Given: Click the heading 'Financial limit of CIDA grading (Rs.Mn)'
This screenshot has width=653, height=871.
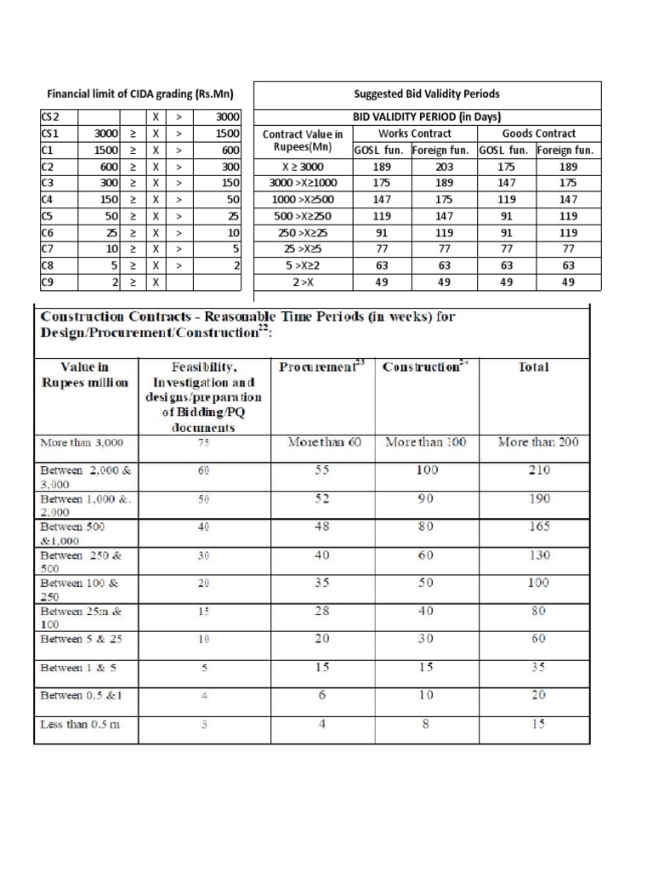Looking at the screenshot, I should (x=140, y=94).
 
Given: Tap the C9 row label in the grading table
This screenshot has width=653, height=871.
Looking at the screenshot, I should (x=48, y=282).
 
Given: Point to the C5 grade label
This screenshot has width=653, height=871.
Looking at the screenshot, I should (x=48, y=216).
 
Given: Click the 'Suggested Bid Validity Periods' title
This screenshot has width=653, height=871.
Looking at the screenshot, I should (x=427, y=94).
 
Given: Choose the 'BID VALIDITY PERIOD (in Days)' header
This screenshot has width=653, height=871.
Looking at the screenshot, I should (x=427, y=117).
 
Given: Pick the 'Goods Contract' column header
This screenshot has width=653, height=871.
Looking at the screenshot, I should (x=539, y=134).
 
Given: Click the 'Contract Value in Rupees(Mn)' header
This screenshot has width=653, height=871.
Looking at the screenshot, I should (x=303, y=141).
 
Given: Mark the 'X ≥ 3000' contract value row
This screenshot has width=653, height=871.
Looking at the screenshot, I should (x=303, y=168).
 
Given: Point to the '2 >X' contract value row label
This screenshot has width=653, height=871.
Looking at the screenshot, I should (x=303, y=282).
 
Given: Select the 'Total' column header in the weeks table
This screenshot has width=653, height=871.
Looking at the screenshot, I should (x=534, y=367).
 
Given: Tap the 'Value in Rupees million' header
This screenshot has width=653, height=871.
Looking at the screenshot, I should (x=85, y=375).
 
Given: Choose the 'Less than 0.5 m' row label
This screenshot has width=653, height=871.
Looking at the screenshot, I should (x=81, y=725).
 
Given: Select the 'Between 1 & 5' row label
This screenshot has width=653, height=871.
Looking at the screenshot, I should (x=77, y=668).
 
